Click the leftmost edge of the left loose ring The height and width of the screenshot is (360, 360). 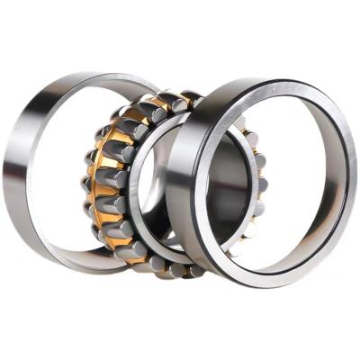(x=11, y=171)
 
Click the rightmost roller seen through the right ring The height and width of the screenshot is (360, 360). (x=260, y=180)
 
